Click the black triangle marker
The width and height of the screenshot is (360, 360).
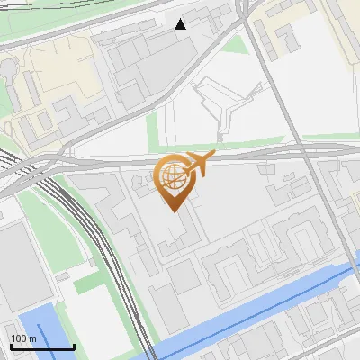point(181,23)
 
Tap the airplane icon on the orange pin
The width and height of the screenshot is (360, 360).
point(197,164)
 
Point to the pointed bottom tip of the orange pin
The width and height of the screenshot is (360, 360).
point(173,210)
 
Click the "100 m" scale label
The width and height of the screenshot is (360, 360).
point(23,338)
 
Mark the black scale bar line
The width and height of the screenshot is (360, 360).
point(42,346)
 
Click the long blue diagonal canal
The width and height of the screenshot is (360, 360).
point(261,307)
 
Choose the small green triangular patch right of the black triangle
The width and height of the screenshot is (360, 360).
point(236,45)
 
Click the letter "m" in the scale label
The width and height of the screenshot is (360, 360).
point(32,338)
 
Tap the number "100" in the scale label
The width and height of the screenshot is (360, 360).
point(19,338)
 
